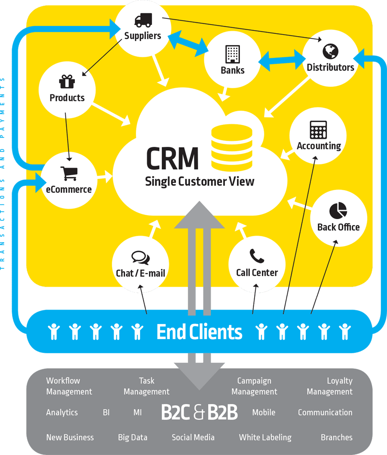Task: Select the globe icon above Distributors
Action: click(x=330, y=51)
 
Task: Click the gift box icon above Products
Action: click(x=67, y=81)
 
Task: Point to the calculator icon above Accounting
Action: click(x=319, y=130)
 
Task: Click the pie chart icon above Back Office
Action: click(x=338, y=210)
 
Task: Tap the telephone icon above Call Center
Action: click(x=257, y=256)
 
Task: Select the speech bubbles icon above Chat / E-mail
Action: click(x=141, y=257)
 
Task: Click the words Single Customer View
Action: click(x=200, y=181)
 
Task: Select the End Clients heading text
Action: click(x=199, y=332)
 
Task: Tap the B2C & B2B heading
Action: click(x=199, y=412)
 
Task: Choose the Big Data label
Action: click(x=132, y=437)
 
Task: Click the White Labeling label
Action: click(x=265, y=437)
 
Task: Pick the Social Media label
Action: click(x=193, y=437)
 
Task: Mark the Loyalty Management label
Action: click(x=330, y=386)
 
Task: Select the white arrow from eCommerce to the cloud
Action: click(x=104, y=176)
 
